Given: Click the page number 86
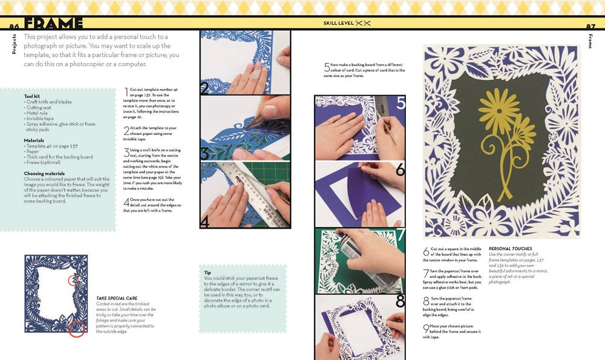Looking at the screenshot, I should click(15, 26).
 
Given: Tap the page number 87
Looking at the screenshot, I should click(591, 26).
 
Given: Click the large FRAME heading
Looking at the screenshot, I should click(54, 24).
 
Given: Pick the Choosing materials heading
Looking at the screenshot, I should click(48, 173).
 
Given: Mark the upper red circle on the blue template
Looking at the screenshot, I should click(74, 280).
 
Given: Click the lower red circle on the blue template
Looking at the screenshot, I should click(77, 329).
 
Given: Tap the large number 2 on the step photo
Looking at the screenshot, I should click(204, 88).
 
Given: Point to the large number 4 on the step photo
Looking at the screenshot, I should click(204, 221).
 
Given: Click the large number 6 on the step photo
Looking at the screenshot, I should click(399, 171).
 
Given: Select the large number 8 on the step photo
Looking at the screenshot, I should click(400, 301).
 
